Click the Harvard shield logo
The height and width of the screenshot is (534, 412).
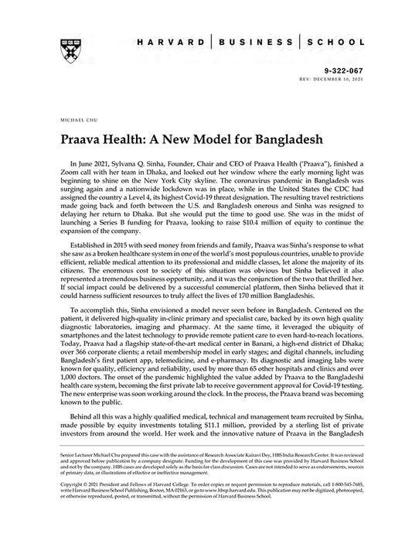tap(63, 47)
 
